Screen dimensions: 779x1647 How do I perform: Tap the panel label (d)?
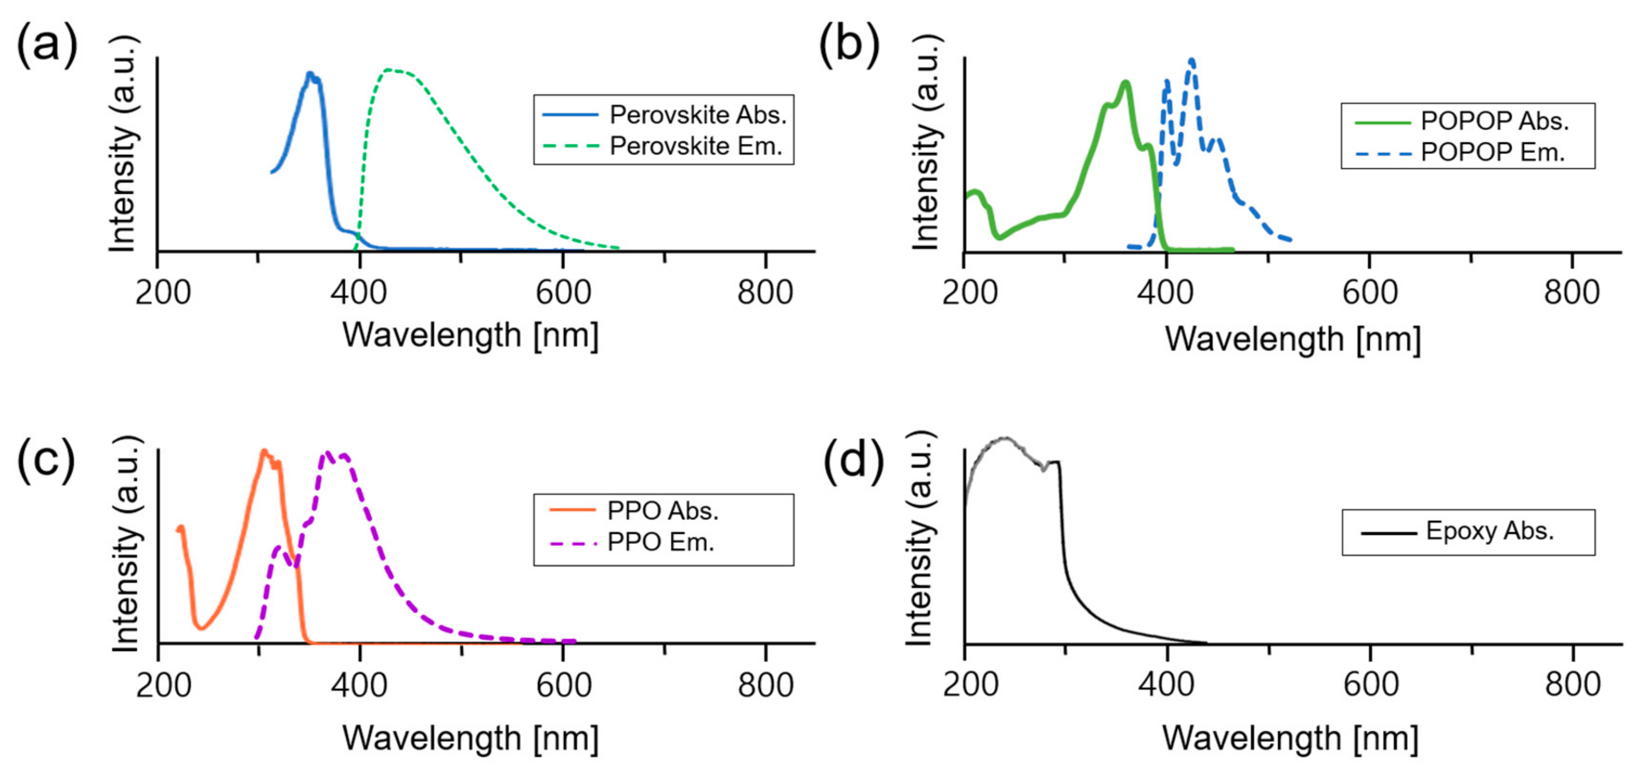click(x=853, y=459)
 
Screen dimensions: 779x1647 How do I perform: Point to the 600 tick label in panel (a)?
click(x=563, y=293)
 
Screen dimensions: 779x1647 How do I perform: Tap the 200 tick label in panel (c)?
click(x=163, y=685)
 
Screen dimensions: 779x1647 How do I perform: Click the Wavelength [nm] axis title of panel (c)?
click(x=471, y=738)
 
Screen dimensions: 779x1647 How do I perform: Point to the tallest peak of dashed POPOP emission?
click(x=1192, y=61)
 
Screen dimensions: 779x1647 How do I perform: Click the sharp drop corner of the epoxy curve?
click(x=1059, y=462)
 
